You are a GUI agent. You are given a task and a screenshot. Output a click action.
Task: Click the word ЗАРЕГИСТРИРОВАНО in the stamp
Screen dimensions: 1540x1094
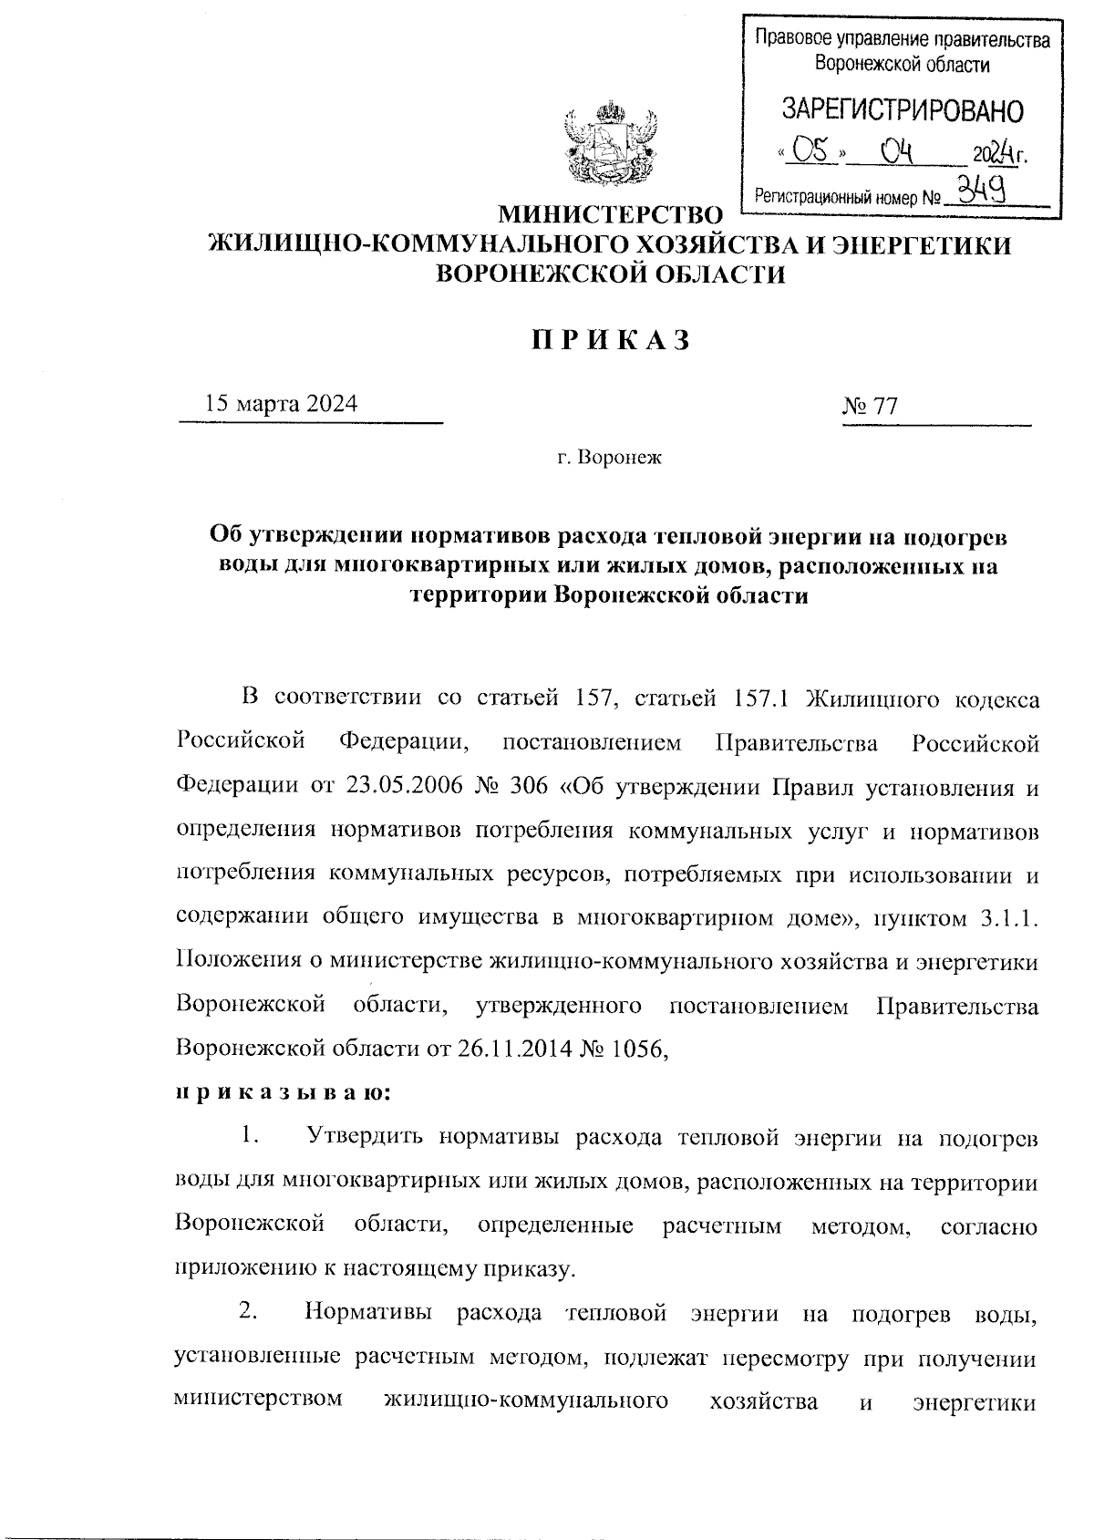tap(903, 110)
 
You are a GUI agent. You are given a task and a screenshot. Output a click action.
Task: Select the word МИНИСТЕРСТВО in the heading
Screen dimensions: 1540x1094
tap(608, 216)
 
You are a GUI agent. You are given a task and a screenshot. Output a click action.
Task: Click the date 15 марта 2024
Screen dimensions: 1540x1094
tap(281, 404)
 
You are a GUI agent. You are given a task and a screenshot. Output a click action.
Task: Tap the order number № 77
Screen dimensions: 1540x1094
tap(871, 406)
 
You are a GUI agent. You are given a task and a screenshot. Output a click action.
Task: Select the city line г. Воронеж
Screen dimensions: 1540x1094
tap(609, 457)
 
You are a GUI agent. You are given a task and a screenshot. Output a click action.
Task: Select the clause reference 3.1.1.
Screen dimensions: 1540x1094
tap(1010, 918)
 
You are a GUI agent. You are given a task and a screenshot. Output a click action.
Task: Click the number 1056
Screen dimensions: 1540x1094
tap(643, 1049)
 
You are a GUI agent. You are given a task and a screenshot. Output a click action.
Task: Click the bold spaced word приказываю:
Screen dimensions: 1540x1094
tap(283, 1091)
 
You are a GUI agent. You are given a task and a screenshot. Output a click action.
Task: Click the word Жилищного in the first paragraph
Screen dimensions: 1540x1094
tap(874, 699)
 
